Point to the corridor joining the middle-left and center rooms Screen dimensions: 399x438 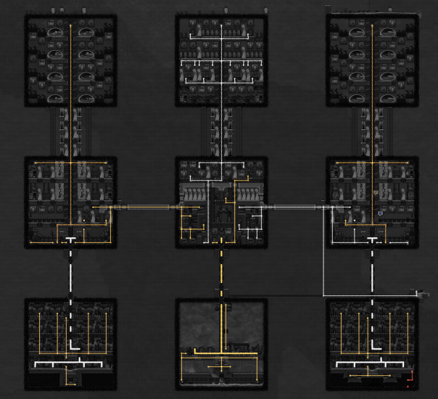145,207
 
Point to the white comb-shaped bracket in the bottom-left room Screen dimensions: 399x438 70,362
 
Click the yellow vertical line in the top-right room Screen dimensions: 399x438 372,73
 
